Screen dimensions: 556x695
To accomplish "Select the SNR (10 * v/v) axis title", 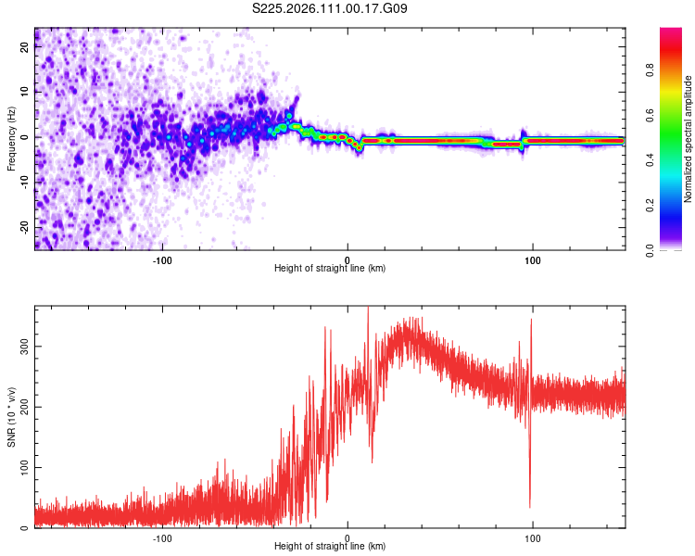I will click(x=11, y=417).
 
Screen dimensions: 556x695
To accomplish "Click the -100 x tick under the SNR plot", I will click(x=163, y=537).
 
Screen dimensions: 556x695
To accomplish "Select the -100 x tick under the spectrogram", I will click(x=163, y=259).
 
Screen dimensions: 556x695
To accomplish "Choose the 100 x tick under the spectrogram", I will click(x=532, y=259).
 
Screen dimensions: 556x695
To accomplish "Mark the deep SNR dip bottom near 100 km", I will click(x=530, y=506).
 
